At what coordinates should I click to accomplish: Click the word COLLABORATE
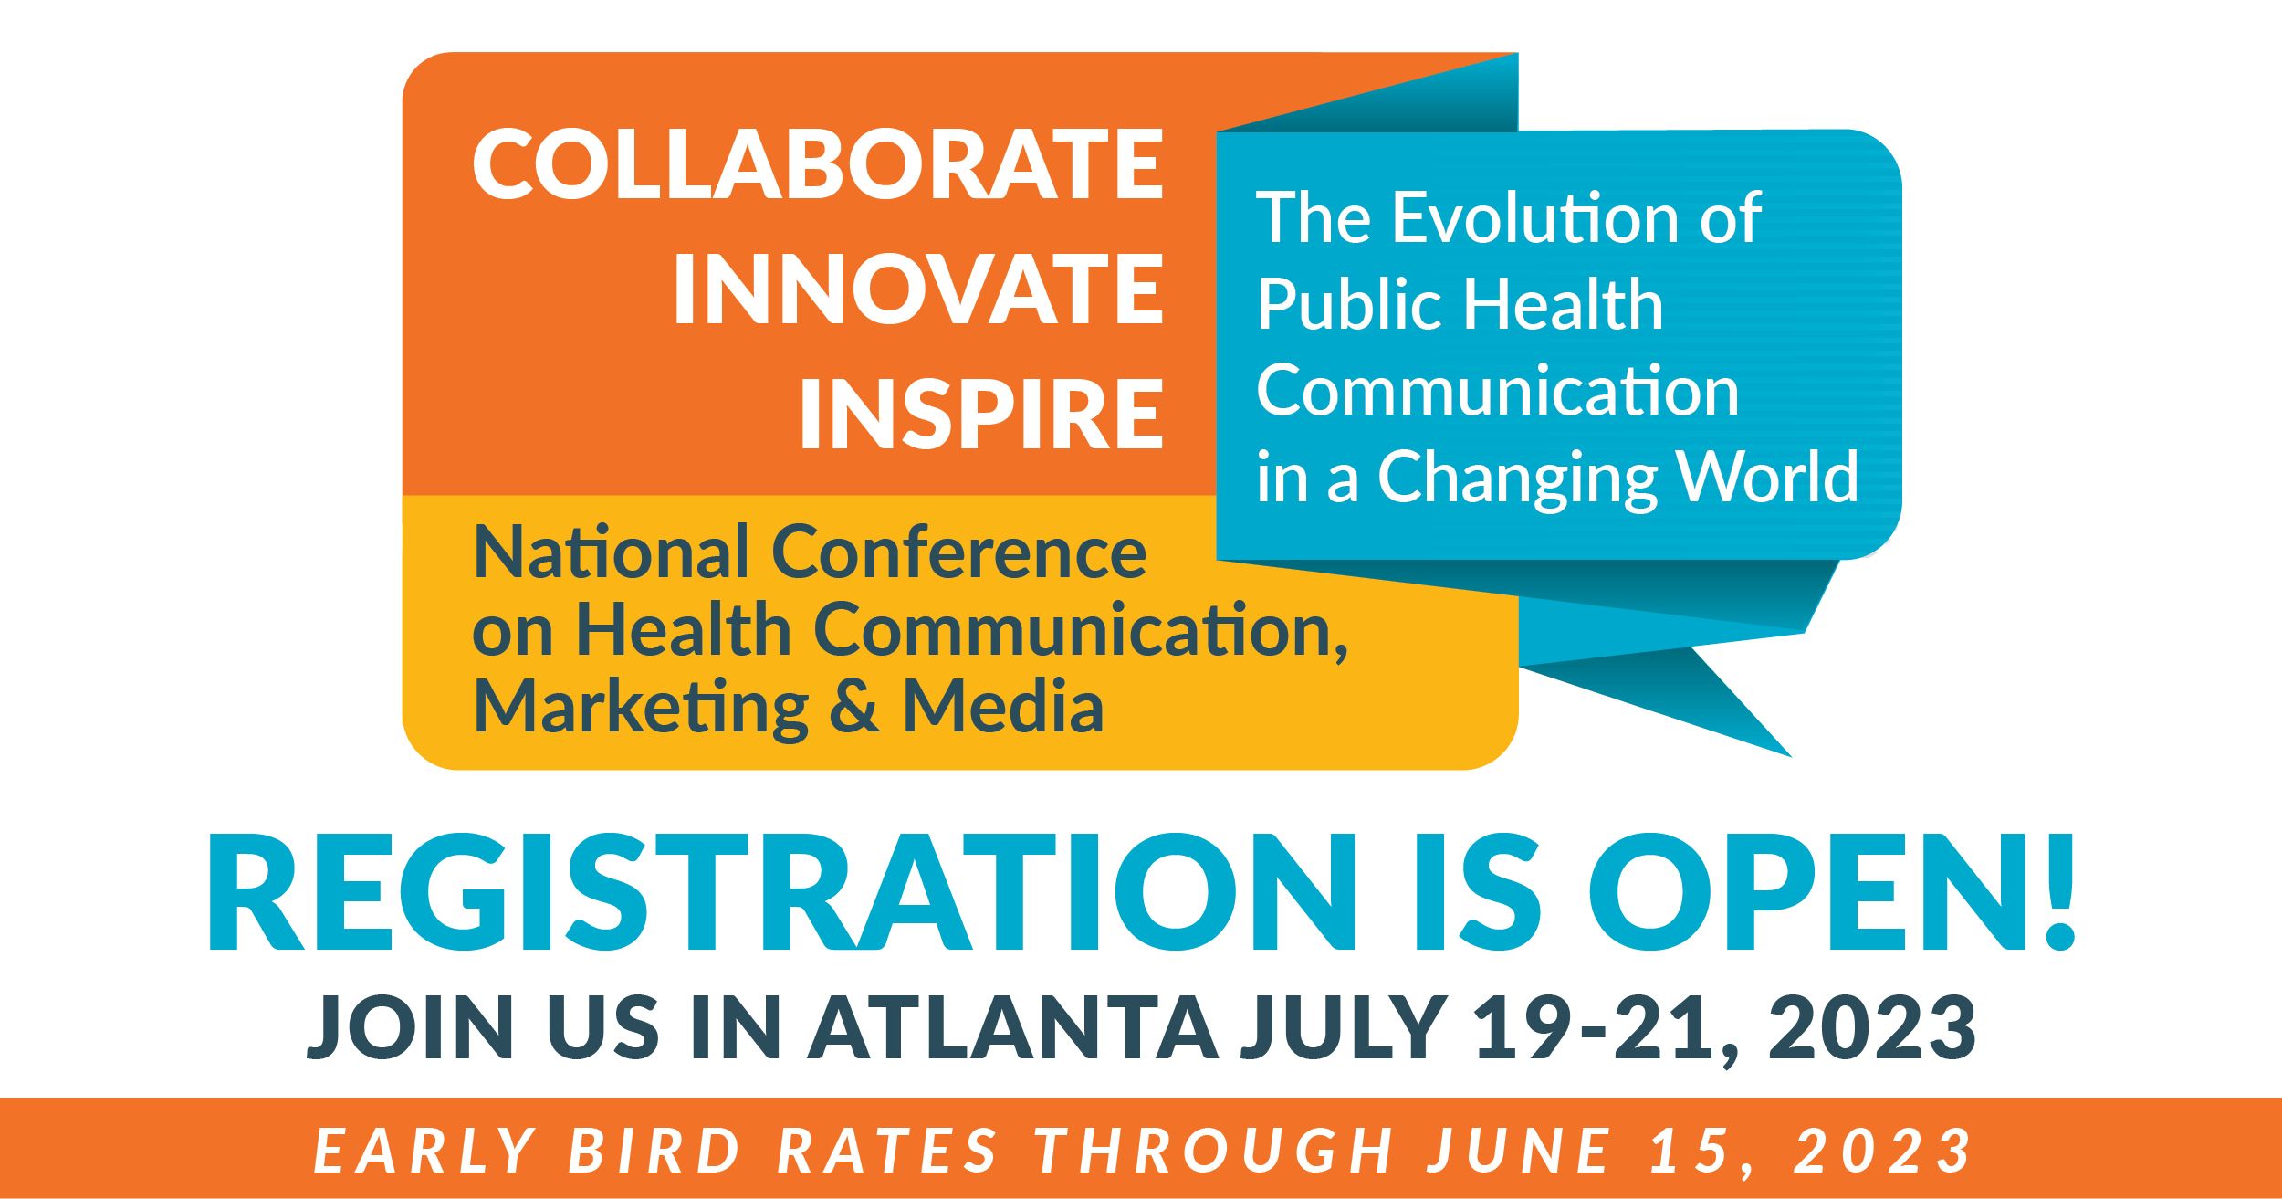tap(818, 164)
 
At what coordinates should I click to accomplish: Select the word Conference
tap(959, 552)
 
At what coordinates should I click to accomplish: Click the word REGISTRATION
tap(781, 893)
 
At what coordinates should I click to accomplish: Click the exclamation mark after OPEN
tap(2053, 893)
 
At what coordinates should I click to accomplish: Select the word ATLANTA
tap(1013, 1026)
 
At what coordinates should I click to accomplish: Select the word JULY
tap(1341, 1026)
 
